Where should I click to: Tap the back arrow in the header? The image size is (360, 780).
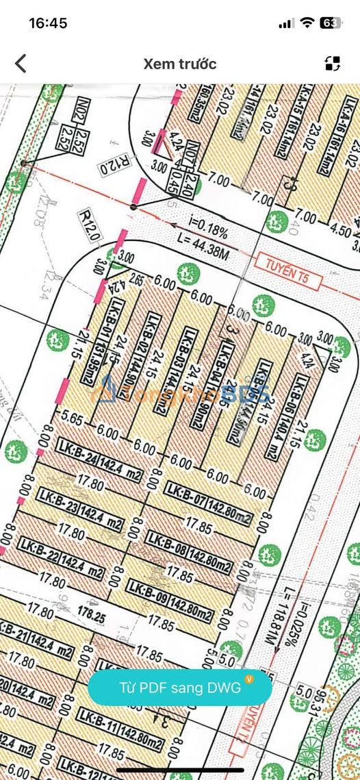pos(21,64)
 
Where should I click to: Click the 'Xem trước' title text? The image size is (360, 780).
pos(180,64)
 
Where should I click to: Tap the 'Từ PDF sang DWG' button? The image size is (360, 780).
pos(180,687)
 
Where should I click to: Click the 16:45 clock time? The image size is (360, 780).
pos(48,23)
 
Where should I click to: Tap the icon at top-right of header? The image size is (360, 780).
pos(333,64)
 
